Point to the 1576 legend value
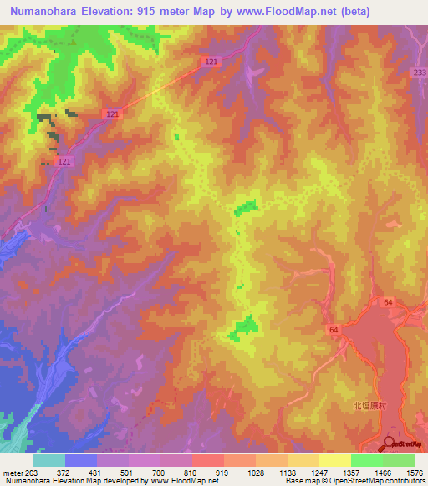click(415, 473)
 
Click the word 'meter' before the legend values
click(9, 473)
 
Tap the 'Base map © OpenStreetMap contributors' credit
click(355, 481)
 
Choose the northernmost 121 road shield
click(211, 63)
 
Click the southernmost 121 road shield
click(65, 161)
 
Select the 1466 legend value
click(382, 473)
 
